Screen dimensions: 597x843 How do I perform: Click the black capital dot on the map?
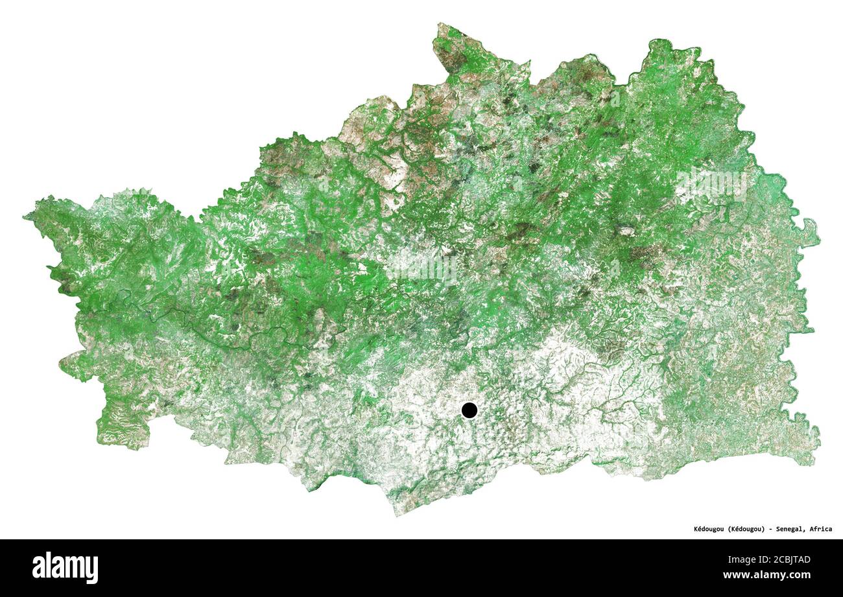pos(469,410)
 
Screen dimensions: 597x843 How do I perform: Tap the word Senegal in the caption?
pos(792,529)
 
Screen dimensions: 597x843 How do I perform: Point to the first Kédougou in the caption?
pos(704,529)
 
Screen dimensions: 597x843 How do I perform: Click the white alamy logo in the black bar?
pos(65,567)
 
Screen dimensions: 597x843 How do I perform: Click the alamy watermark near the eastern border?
pos(711,183)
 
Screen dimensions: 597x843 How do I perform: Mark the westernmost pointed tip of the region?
pos(26,217)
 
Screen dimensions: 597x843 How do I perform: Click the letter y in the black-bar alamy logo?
pos(93,569)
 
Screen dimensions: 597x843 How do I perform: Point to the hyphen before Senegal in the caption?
pos(770,529)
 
